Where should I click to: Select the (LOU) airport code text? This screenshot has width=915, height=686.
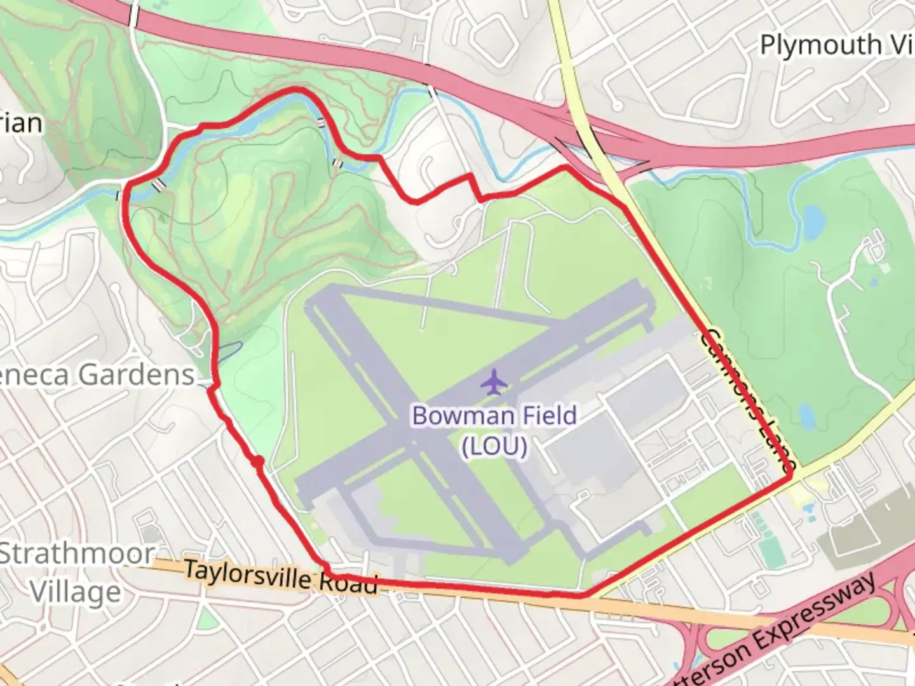[494, 447]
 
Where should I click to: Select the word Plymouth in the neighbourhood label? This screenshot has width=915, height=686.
[820, 46]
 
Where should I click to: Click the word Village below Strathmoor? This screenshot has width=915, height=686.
[75, 592]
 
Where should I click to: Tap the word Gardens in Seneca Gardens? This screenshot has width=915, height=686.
[137, 375]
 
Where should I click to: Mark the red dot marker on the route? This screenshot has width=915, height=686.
[257, 462]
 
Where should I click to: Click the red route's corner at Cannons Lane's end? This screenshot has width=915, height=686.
[790, 474]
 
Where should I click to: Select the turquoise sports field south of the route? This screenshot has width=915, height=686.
[770, 549]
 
